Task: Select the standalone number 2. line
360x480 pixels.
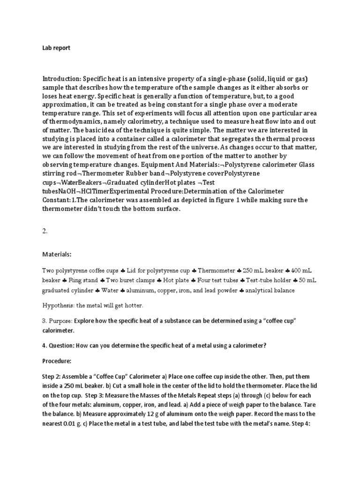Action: point(45,231)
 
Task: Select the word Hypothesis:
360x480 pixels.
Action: point(58,306)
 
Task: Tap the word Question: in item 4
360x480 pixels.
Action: point(64,346)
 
